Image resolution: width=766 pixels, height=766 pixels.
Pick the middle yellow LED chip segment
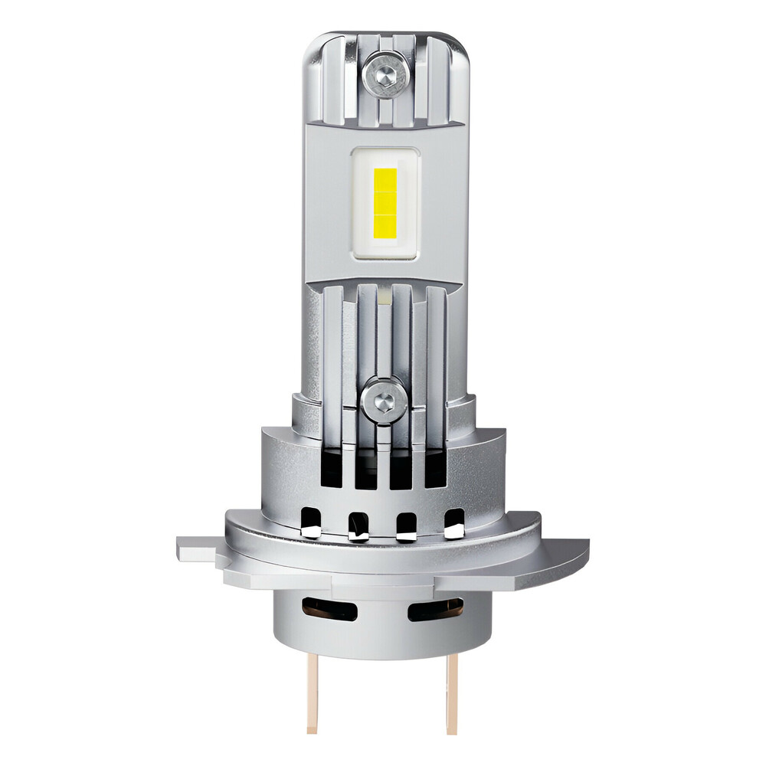[384, 204]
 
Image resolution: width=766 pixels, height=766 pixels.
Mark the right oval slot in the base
[436, 609]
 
